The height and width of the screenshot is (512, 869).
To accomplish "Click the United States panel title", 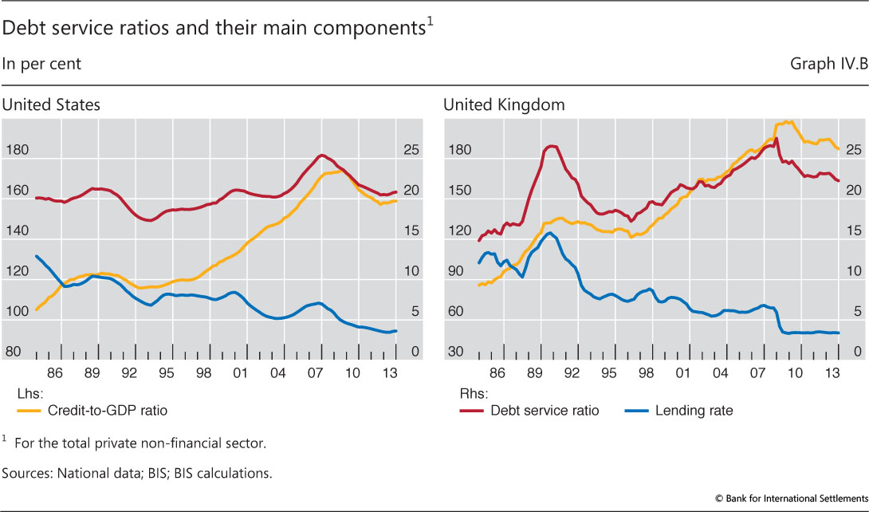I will click(51, 104).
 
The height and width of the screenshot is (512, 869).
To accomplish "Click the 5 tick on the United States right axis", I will click(414, 312).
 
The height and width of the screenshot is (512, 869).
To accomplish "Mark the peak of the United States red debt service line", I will click(320, 156).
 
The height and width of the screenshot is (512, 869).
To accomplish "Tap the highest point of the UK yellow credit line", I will click(787, 122).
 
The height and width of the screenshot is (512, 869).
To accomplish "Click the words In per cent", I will click(41, 64).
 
